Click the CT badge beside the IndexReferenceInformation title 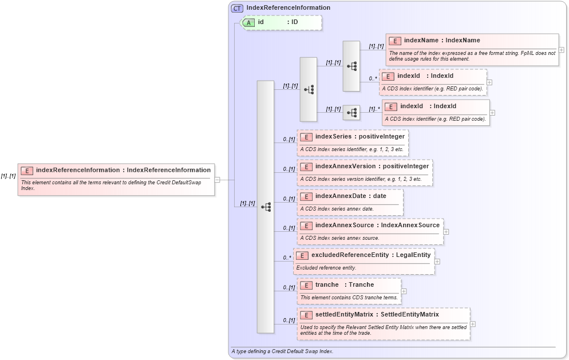[237, 8]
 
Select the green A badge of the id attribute [248, 22]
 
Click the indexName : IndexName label [441, 41]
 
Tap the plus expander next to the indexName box [561, 50]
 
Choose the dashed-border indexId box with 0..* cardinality [432, 81]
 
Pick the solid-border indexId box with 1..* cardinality [436, 112]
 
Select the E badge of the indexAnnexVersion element [306, 167]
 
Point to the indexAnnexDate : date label [350, 196]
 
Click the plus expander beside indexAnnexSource [446, 232]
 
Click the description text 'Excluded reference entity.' [326, 267]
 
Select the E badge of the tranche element [306, 285]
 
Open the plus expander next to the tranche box [404, 291]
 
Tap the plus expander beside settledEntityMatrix [473, 324]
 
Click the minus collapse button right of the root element [218, 180]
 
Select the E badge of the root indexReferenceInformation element [27, 171]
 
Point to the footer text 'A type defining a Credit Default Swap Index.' [282, 351]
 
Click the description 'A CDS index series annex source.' [339, 238]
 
